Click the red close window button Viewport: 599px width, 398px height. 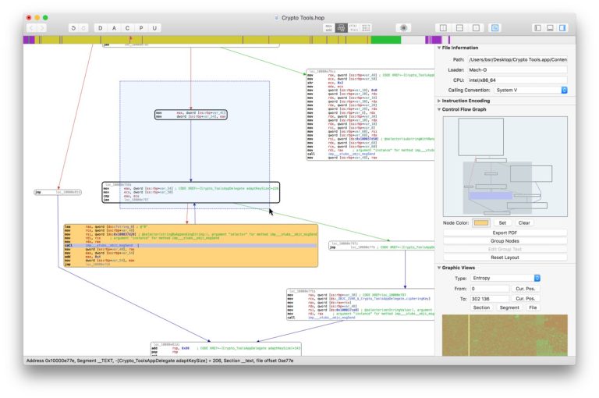point(29,17)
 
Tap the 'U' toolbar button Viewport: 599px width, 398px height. point(156,28)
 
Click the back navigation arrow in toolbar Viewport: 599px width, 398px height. point(32,28)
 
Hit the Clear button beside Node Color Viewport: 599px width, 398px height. point(524,222)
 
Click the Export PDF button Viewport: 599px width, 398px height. point(505,233)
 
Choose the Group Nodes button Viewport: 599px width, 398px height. point(505,241)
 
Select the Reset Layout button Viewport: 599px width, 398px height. point(505,258)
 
